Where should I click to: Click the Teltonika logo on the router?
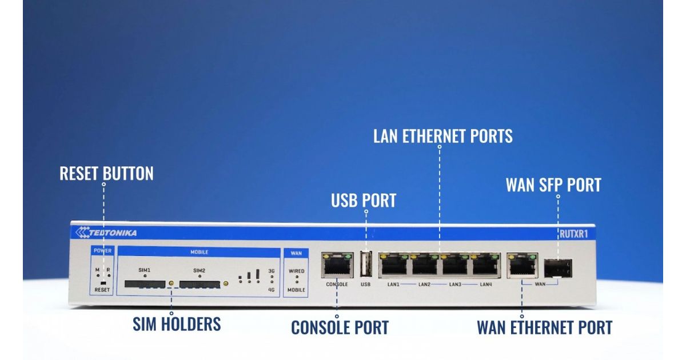[106, 233]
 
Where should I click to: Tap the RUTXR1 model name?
[574, 233]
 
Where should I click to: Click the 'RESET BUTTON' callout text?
[106, 173]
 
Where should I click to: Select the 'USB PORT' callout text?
[364, 201]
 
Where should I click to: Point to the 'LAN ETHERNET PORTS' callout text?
[442, 136]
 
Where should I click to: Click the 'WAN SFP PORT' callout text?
[553, 185]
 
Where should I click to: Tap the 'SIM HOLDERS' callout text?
[177, 324]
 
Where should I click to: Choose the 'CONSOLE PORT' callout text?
[340, 327]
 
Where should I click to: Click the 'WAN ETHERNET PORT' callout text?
[544, 327]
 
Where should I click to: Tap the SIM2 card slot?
[200, 283]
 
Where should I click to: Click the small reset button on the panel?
[102, 282]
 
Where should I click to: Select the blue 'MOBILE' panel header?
[199, 251]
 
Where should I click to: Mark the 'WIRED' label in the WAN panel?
[296, 270]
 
